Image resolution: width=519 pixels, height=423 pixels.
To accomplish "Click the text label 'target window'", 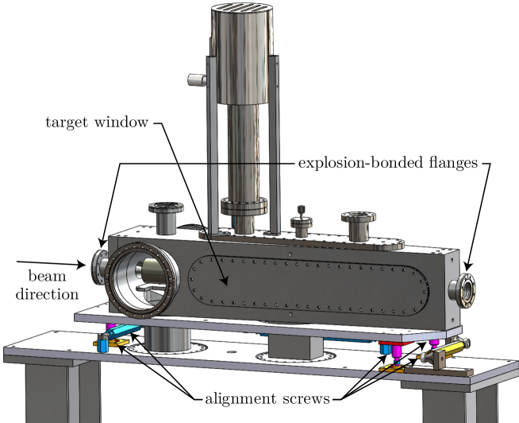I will point(97,124).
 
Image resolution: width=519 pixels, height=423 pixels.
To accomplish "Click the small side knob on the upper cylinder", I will point(195,80).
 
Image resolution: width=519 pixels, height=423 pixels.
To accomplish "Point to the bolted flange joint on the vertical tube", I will point(244,208).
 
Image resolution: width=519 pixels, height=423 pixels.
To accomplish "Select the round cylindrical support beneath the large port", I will point(167,341).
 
